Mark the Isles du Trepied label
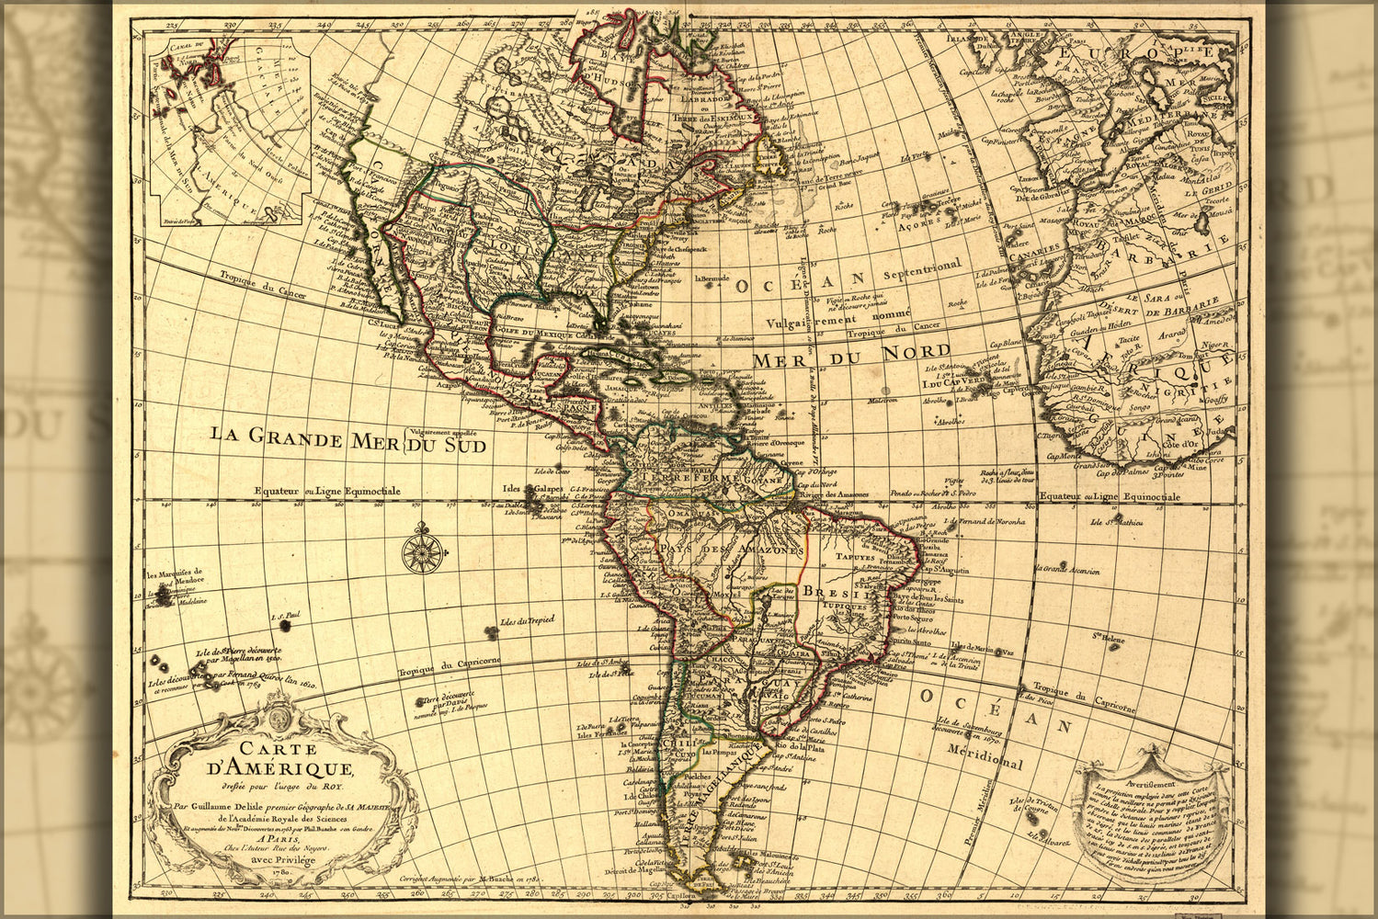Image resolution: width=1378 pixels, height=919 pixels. (527, 621)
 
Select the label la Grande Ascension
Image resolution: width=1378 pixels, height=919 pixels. (1070, 571)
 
